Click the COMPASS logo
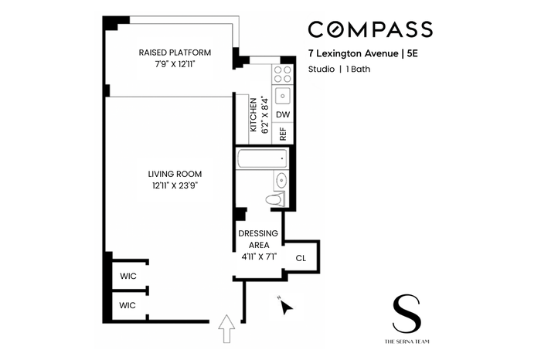(370, 29)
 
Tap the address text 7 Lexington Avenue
(353, 53)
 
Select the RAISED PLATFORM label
(175, 53)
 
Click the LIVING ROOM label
(175, 174)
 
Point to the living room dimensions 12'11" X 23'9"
(175, 185)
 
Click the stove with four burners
(283, 74)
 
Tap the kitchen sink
(283, 96)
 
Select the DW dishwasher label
(283, 114)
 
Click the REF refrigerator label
(283, 134)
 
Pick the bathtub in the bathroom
(262, 158)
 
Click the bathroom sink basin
(281, 180)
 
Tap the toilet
(275, 199)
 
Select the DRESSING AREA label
(258, 239)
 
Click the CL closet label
(301, 258)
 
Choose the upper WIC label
(128, 276)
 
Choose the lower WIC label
(128, 305)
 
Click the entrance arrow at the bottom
(226, 328)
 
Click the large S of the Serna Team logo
(407, 314)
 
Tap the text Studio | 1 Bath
(339, 69)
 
